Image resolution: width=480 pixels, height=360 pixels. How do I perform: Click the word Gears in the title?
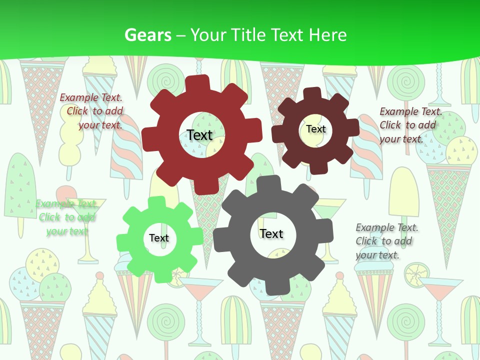pyautogui.click(x=147, y=35)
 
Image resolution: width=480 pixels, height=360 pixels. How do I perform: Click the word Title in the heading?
pyautogui.click(x=247, y=35)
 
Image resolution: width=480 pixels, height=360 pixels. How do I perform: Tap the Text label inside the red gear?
pyautogui.click(x=199, y=135)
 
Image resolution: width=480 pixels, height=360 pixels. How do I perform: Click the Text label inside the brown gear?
pyautogui.click(x=315, y=129)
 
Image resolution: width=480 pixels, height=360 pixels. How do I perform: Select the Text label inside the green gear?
pyautogui.click(x=158, y=238)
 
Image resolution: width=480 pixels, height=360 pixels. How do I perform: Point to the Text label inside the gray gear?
pyautogui.click(x=271, y=233)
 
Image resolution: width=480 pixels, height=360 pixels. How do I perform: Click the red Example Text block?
pyautogui.click(x=92, y=111)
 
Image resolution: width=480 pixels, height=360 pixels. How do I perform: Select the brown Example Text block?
pyautogui.click(x=410, y=125)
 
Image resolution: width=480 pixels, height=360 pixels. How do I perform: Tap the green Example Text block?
pyautogui.click(x=66, y=217)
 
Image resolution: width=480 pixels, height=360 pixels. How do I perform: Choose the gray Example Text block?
pyautogui.click(x=385, y=241)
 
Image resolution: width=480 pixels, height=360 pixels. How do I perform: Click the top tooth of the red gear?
pyautogui.click(x=199, y=84)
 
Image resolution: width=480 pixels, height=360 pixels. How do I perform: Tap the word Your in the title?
pyautogui.click(x=210, y=35)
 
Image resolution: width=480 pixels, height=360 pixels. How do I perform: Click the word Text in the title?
pyautogui.click(x=287, y=35)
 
